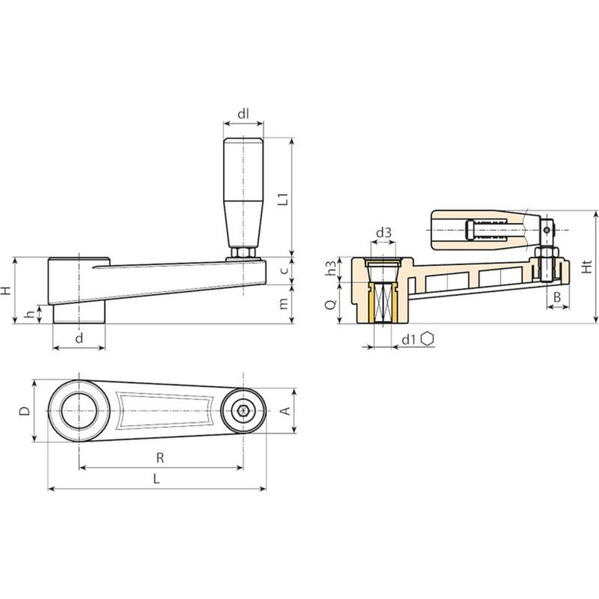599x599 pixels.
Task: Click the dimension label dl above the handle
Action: pos(243,114)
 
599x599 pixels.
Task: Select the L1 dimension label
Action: pos(282,200)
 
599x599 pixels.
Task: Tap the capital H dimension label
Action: pos(5,291)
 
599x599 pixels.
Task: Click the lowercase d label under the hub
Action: pos(79,338)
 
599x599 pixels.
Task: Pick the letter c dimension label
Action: pos(283,271)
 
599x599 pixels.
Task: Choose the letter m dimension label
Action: pos(283,303)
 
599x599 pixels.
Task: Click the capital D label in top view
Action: pos(25,411)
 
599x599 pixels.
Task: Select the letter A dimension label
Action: pos(285,411)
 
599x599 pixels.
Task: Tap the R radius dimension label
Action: pos(160,458)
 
